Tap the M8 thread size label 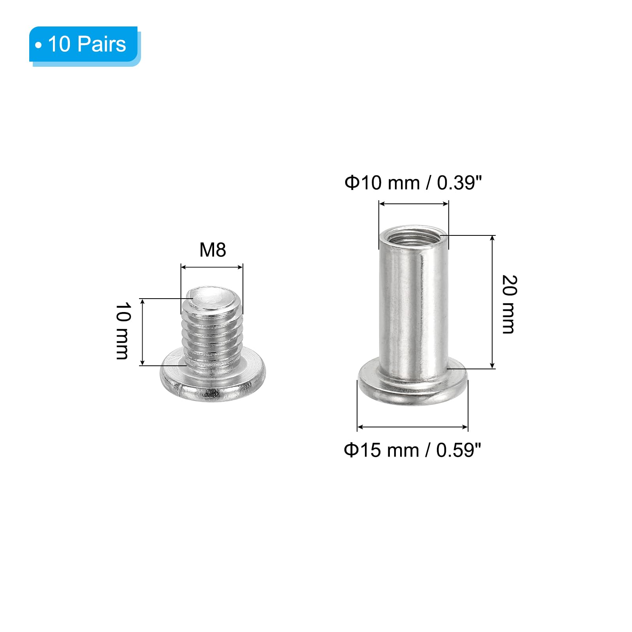tap(213, 250)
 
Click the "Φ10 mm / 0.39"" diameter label tap(413, 183)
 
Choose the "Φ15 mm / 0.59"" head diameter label tap(412, 450)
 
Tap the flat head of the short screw tap(213, 379)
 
